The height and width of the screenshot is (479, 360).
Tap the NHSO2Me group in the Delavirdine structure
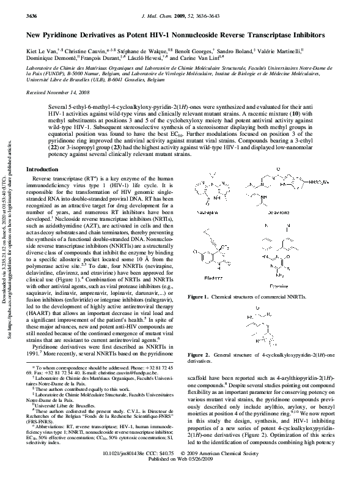322,183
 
